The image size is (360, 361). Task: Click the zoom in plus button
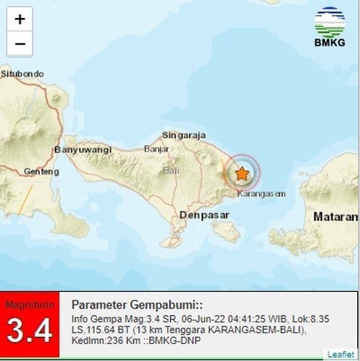coord(19,19)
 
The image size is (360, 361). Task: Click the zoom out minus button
coord(19,44)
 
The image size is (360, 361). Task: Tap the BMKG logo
coord(329,27)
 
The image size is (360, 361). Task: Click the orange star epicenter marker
coord(243,173)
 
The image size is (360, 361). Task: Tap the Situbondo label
coord(22,73)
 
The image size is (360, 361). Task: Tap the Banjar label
coord(156,149)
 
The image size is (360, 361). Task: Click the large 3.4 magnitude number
coord(30,332)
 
